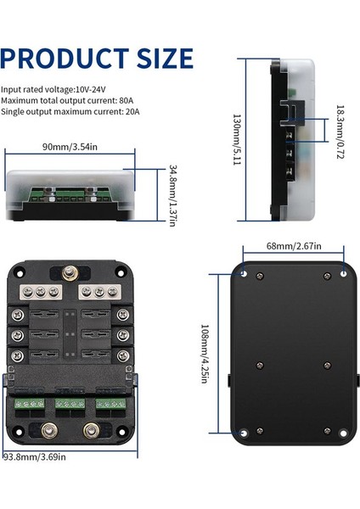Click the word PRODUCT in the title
click(x=65, y=58)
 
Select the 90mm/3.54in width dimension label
click(x=70, y=147)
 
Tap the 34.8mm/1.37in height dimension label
click(x=173, y=195)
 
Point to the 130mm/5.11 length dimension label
click(x=237, y=140)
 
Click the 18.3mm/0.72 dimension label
click(x=340, y=131)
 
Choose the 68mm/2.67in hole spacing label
click(x=294, y=246)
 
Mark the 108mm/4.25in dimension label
click(x=205, y=354)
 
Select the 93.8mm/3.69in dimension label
click(x=35, y=456)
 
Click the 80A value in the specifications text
click(x=126, y=100)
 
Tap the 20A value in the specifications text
click(x=132, y=111)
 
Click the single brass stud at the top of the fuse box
click(x=70, y=272)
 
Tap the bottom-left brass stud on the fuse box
click(x=49, y=430)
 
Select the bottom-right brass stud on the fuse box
click(x=92, y=430)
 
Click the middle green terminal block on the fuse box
click(x=70, y=404)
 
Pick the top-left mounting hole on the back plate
click(x=244, y=274)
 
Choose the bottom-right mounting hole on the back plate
click(x=343, y=433)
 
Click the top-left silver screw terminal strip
click(x=41, y=292)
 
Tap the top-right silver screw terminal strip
click(x=99, y=292)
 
